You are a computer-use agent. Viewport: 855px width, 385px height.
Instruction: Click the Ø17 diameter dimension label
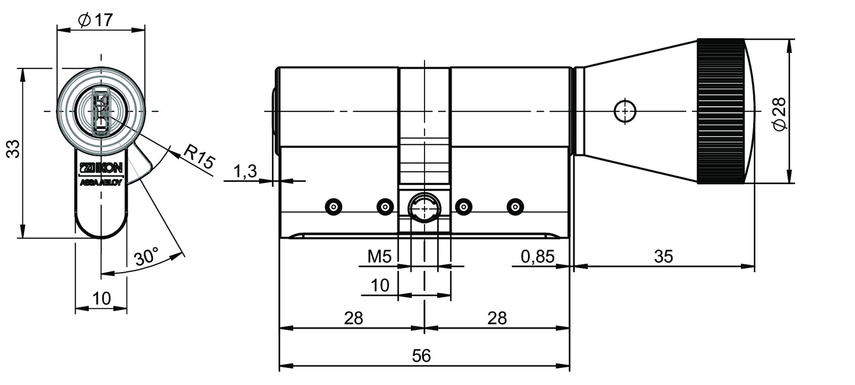click(95, 20)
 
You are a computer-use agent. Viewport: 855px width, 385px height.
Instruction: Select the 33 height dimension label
click(13, 149)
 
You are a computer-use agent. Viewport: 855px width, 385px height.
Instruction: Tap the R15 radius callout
click(199, 156)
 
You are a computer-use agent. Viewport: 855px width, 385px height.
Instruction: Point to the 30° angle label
click(146, 257)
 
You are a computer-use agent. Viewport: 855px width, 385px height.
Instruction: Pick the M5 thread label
click(379, 256)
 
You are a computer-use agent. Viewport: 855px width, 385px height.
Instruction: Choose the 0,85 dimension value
click(537, 256)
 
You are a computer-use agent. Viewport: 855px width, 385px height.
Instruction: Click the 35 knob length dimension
click(663, 256)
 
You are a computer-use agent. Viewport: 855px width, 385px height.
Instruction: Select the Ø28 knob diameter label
click(779, 113)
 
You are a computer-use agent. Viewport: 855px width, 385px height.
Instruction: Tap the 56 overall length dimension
click(421, 356)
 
